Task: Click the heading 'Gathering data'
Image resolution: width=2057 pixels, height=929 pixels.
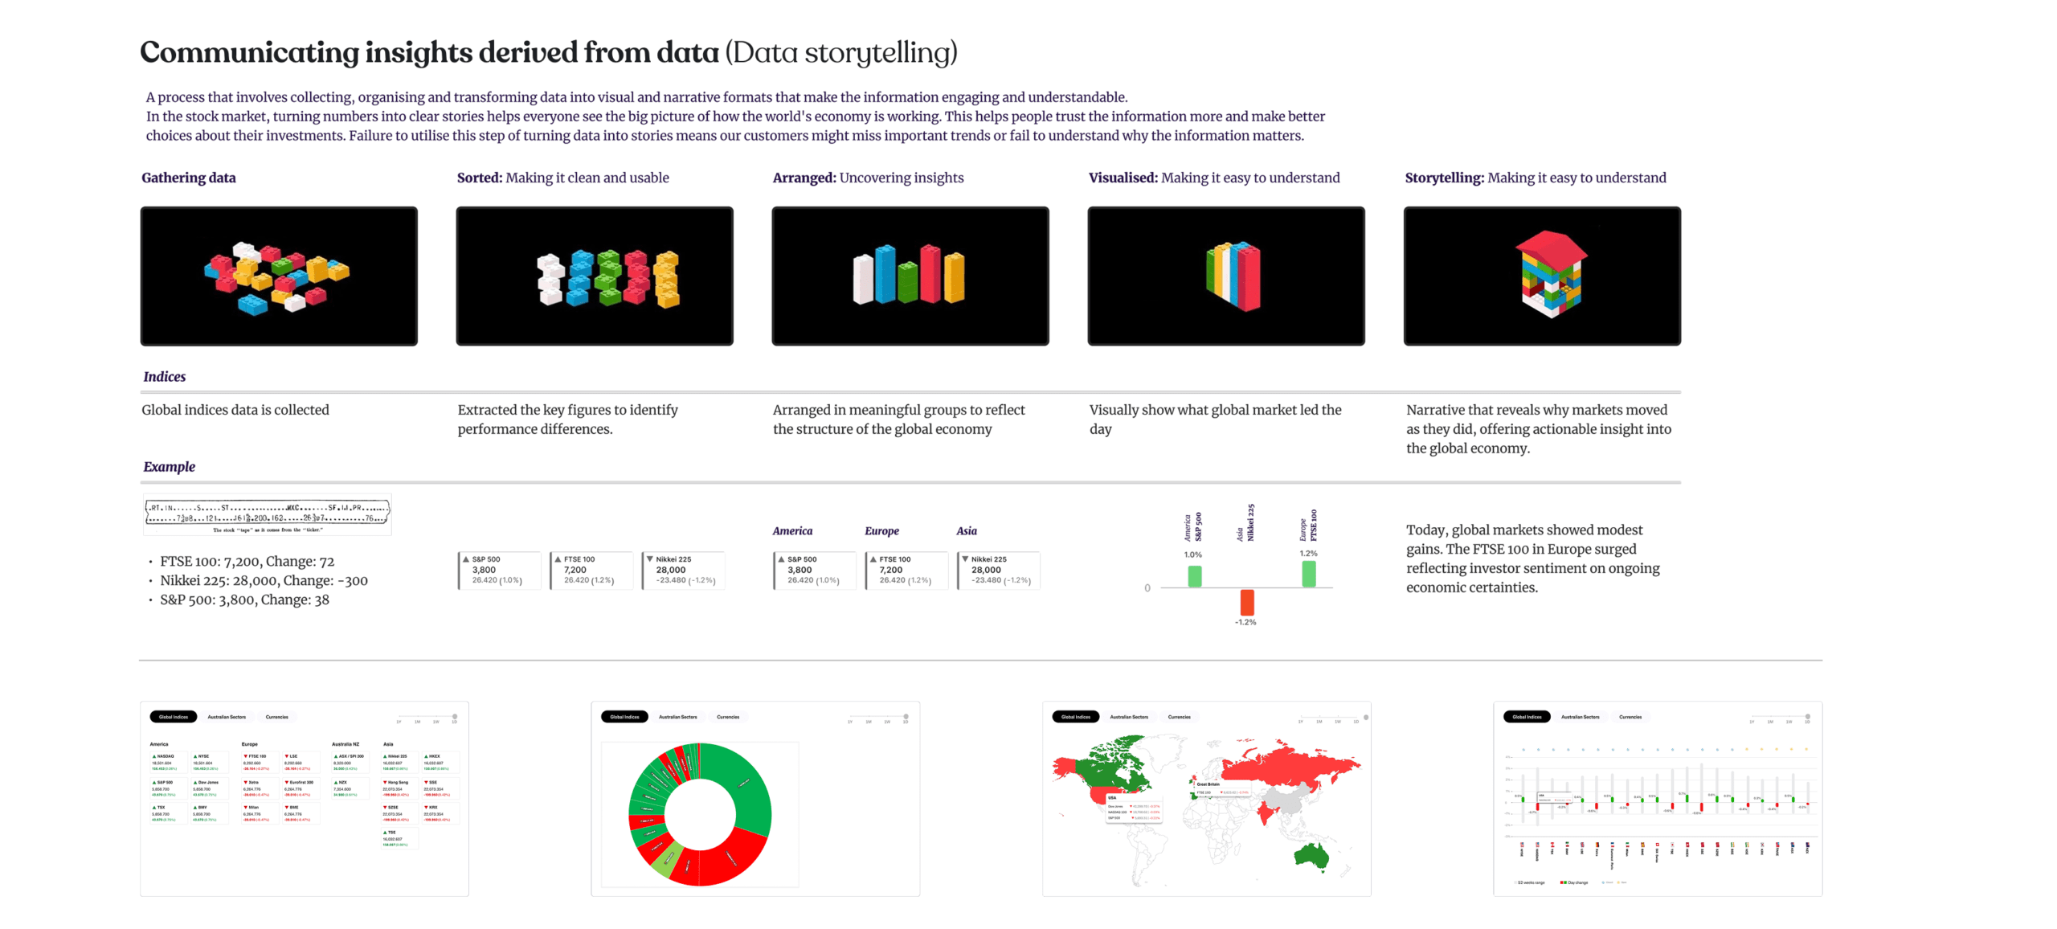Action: point(188,178)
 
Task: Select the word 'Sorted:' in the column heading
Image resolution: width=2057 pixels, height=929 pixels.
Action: point(479,178)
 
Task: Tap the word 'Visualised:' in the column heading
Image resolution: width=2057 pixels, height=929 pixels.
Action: point(1123,178)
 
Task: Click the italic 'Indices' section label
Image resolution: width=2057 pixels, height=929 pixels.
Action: point(164,377)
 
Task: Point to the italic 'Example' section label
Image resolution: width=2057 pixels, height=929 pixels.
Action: point(169,467)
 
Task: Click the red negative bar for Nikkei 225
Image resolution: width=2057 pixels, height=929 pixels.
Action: point(1246,602)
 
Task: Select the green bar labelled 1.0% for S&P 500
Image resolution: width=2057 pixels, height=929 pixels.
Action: point(1195,576)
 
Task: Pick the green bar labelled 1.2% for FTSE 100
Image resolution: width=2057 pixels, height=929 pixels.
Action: point(1308,574)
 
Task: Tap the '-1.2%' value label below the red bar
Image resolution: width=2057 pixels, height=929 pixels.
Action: point(1245,623)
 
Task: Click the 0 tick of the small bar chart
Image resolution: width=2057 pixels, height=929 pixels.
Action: point(1147,588)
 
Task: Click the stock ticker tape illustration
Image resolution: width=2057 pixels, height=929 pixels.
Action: point(268,514)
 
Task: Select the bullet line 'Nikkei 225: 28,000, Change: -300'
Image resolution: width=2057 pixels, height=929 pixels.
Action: point(264,581)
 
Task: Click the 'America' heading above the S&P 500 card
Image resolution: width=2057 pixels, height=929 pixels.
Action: point(792,531)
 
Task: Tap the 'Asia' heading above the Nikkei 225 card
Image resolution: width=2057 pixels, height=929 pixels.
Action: point(967,531)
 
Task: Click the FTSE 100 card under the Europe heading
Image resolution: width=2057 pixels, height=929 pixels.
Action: point(906,570)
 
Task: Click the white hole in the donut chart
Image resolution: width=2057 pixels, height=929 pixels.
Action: point(700,814)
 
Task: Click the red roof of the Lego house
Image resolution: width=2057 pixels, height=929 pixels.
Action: point(1552,246)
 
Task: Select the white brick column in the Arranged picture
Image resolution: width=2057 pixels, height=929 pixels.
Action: point(863,280)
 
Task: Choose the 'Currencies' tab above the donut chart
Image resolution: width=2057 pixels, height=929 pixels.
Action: point(728,717)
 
